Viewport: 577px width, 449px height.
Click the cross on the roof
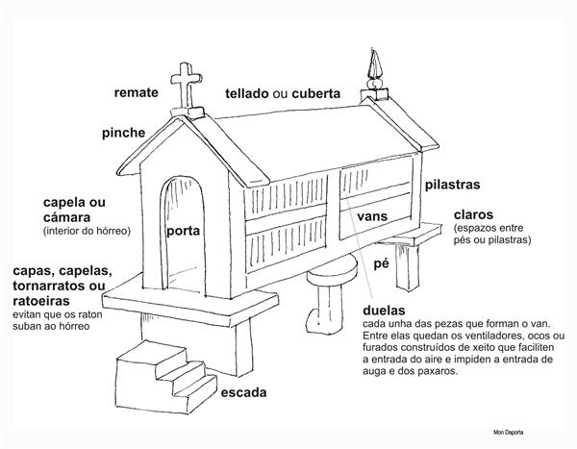point(187,87)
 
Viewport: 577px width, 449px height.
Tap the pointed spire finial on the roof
point(374,70)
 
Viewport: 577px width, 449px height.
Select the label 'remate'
point(137,92)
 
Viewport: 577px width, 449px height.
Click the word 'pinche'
point(124,133)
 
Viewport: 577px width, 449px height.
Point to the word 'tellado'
point(247,93)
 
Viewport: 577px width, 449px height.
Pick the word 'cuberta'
point(316,93)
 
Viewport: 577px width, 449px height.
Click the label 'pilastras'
point(453,185)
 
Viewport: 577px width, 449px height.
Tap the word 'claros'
point(473,214)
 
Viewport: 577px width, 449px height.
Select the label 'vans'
point(372,216)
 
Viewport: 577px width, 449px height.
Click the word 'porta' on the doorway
point(184,231)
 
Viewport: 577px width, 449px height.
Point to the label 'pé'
point(381,263)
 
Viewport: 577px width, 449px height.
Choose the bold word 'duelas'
point(384,311)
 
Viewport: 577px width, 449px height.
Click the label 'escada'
point(243,392)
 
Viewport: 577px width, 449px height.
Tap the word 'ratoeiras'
point(41,301)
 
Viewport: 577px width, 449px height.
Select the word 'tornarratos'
point(50,286)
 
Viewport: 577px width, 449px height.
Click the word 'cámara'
point(66,217)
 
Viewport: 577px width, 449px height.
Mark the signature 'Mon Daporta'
point(508,432)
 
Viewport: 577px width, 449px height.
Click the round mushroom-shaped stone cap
point(333,271)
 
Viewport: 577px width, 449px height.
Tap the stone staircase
point(165,376)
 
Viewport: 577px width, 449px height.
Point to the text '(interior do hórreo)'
point(87,231)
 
